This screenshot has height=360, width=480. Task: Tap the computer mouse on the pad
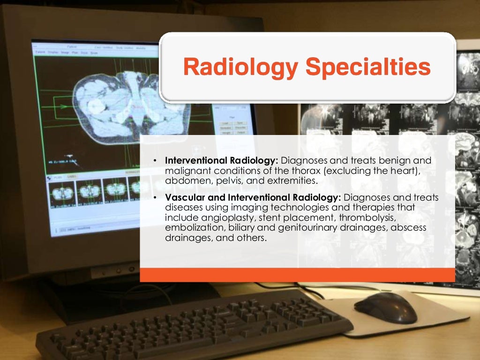click(385, 307)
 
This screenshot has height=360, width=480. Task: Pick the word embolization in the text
click(193, 228)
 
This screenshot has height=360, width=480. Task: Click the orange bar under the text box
click(297, 275)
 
